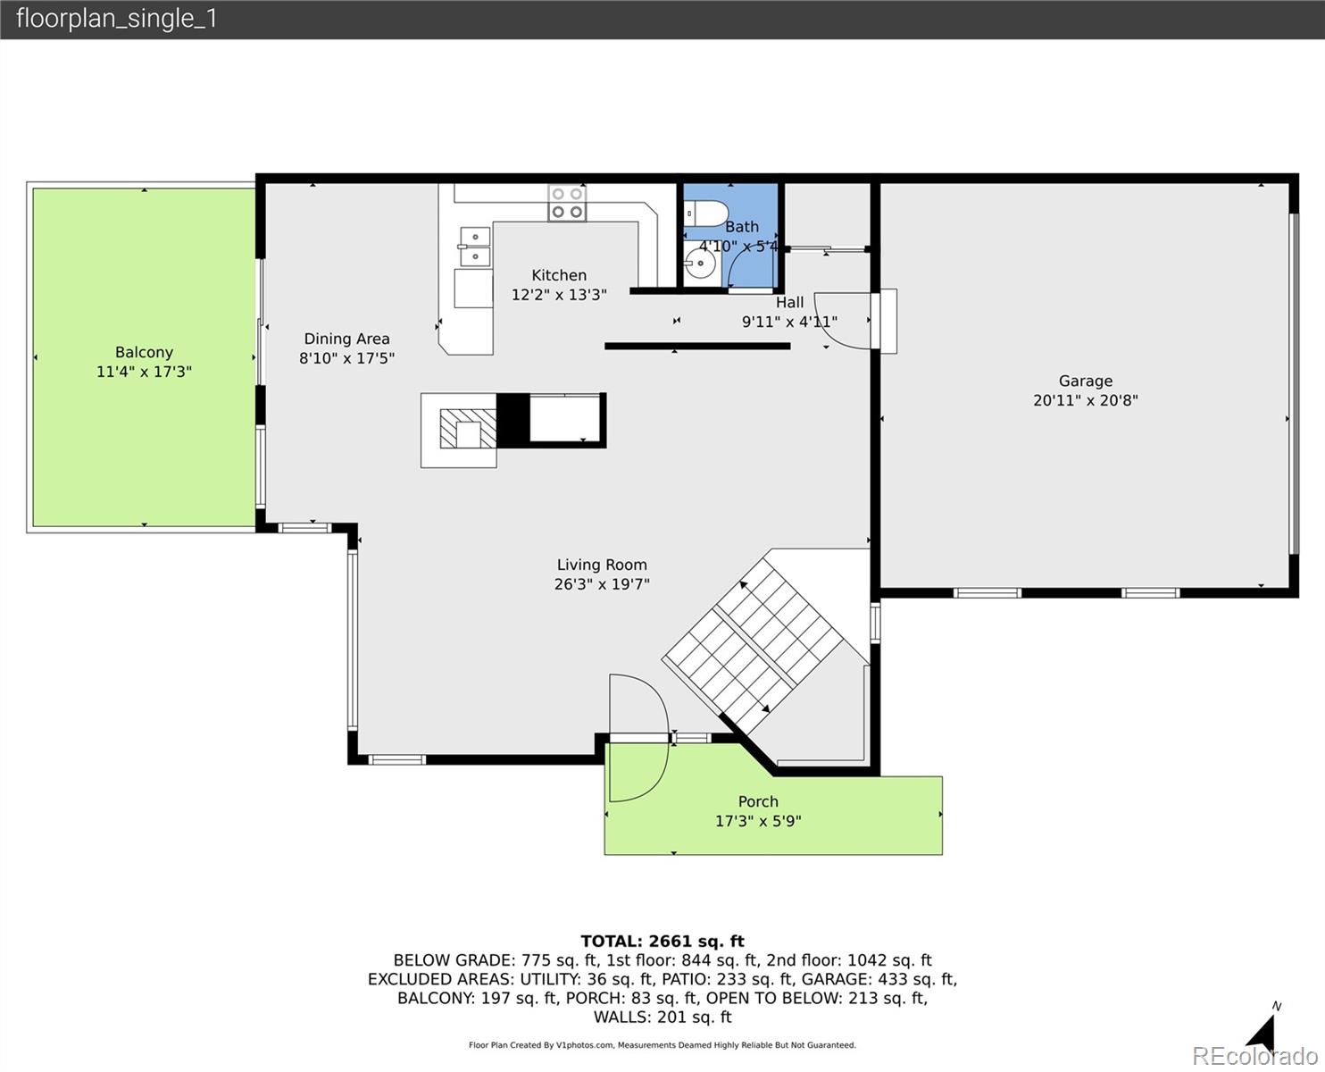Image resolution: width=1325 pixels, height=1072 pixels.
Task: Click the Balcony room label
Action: [x=144, y=352]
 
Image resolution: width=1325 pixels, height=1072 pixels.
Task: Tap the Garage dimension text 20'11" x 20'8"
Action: [x=1085, y=401]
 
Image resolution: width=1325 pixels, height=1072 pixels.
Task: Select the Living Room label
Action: [x=601, y=565]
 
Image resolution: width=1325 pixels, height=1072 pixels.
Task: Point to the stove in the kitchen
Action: [x=567, y=203]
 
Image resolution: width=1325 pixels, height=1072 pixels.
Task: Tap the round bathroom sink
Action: [x=700, y=264]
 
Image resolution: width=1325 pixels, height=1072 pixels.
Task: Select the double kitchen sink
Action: [x=475, y=247]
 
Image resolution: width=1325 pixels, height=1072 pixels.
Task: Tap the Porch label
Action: [x=757, y=801]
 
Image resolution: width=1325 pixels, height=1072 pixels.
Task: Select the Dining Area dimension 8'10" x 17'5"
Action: [x=346, y=358]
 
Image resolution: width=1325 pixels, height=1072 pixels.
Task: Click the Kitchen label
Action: [x=559, y=275]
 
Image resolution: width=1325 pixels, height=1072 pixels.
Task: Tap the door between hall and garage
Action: [x=844, y=320]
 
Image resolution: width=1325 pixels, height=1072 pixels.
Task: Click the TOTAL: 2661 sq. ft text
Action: [x=662, y=941]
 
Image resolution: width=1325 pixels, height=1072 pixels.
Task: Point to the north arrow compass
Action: [x=1262, y=1031]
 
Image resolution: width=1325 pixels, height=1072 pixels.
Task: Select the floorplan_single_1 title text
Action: [x=116, y=19]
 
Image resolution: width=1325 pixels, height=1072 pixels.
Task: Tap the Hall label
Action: [x=789, y=303]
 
